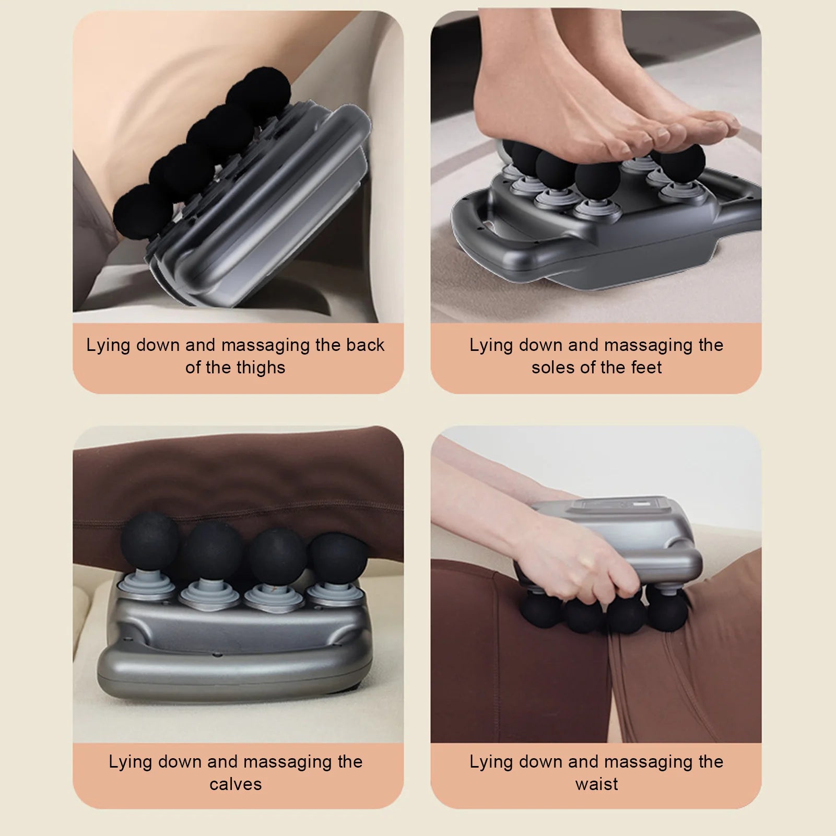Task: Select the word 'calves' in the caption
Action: (x=236, y=784)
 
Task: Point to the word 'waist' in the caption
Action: (x=596, y=784)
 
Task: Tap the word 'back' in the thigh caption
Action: (x=365, y=345)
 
